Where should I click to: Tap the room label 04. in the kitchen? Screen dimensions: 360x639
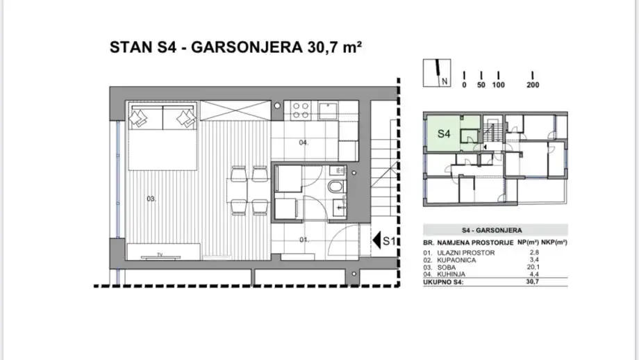coord(303,142)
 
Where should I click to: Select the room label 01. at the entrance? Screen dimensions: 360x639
coord(304,240)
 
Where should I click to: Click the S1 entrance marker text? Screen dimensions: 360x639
coord(390,241)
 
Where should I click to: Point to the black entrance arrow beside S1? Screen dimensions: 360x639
coord(377,241)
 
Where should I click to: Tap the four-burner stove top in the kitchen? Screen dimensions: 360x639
coord(300,109)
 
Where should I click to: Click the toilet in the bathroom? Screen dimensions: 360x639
coord(336,187)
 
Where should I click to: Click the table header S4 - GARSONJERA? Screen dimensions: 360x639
coord(492,229)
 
